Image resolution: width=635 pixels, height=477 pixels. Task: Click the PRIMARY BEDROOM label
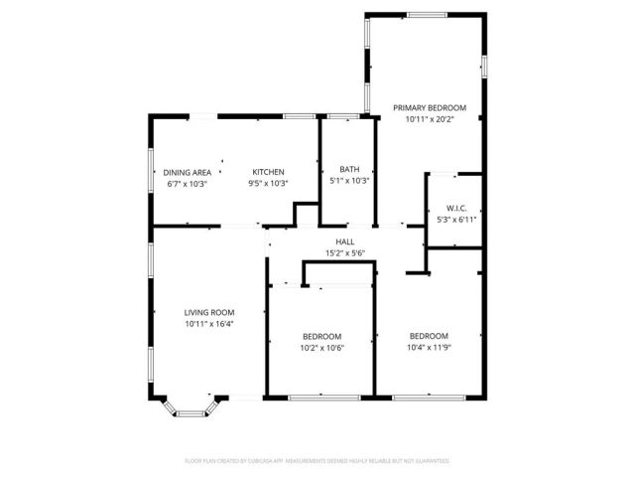430,107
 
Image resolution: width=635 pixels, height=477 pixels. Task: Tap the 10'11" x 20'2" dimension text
430,119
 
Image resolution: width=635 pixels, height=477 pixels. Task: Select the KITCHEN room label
268,172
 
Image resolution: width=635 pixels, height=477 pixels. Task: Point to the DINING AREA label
187,172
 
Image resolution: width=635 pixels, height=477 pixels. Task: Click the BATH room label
349,169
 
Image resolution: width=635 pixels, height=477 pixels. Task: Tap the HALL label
345,241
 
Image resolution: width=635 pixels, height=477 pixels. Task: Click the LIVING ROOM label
208,312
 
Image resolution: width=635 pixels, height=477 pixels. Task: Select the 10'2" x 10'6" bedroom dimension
322,348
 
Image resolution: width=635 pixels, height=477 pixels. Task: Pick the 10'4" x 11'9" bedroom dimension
430,348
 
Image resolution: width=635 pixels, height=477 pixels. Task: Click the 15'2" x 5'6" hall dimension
345,253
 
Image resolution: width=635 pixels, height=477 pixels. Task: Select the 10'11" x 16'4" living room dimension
208,324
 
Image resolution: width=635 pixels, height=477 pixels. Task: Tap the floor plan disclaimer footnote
317,461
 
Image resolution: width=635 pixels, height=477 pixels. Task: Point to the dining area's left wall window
151,172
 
